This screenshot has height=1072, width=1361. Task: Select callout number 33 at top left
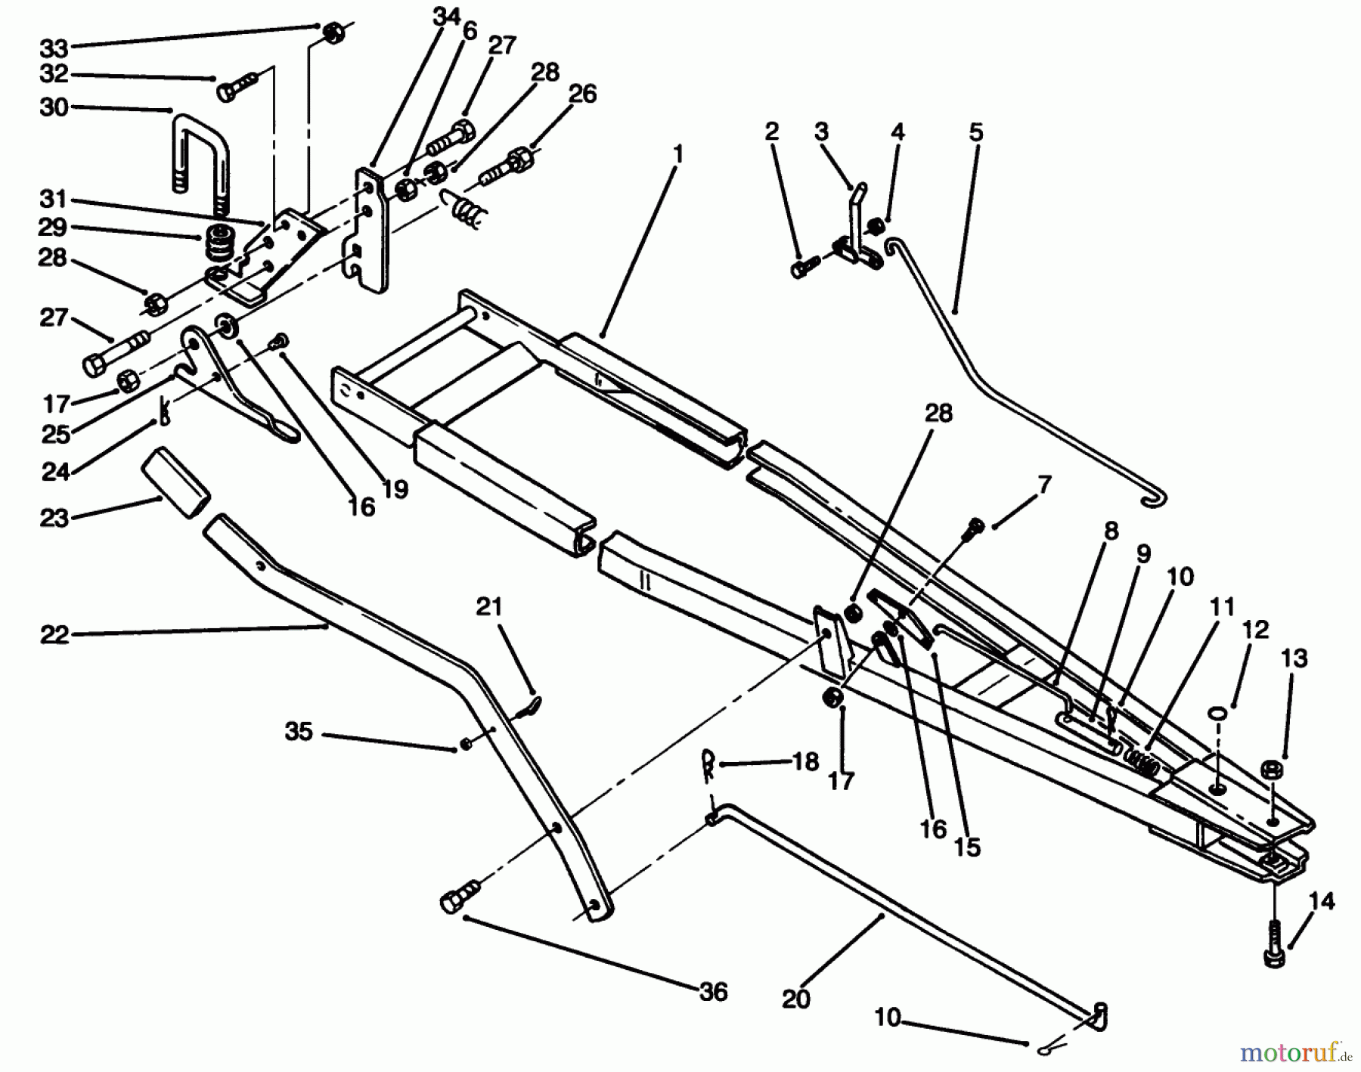(54, 48)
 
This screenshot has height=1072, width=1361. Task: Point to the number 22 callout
(54, 635)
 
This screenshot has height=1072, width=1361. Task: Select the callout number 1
(678, 155)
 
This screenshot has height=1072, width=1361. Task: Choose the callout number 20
(796, 999)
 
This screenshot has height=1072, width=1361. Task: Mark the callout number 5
(975, 132)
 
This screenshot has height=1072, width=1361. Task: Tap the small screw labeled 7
(975, 527)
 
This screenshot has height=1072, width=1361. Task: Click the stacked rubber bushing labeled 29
(219, 243)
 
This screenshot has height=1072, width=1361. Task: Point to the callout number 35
(299, 732)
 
